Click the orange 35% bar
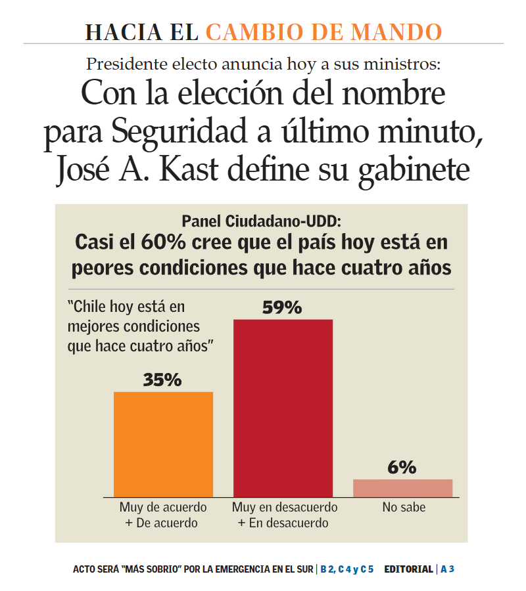pos(163,444)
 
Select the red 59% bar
pos(283,407)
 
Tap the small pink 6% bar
pos(402,488)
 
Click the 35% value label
pos(162,380)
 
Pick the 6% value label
pos(402,468)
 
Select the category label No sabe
pos(404,508)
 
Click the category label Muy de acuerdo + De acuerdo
pos(162,515)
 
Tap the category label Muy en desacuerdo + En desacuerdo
pos(284,515)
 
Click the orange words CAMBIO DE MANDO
pos(323,32)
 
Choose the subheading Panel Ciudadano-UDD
pos(262,220)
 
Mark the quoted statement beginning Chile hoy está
pos(142,326)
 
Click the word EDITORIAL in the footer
pos(408,569)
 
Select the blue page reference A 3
pos(447,569)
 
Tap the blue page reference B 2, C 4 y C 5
pos(347,569)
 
